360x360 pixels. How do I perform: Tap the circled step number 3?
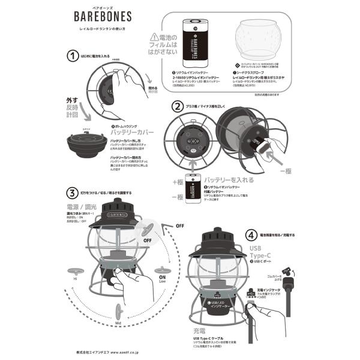pos(73,193)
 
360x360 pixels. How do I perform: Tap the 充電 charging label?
pos(201,330)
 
